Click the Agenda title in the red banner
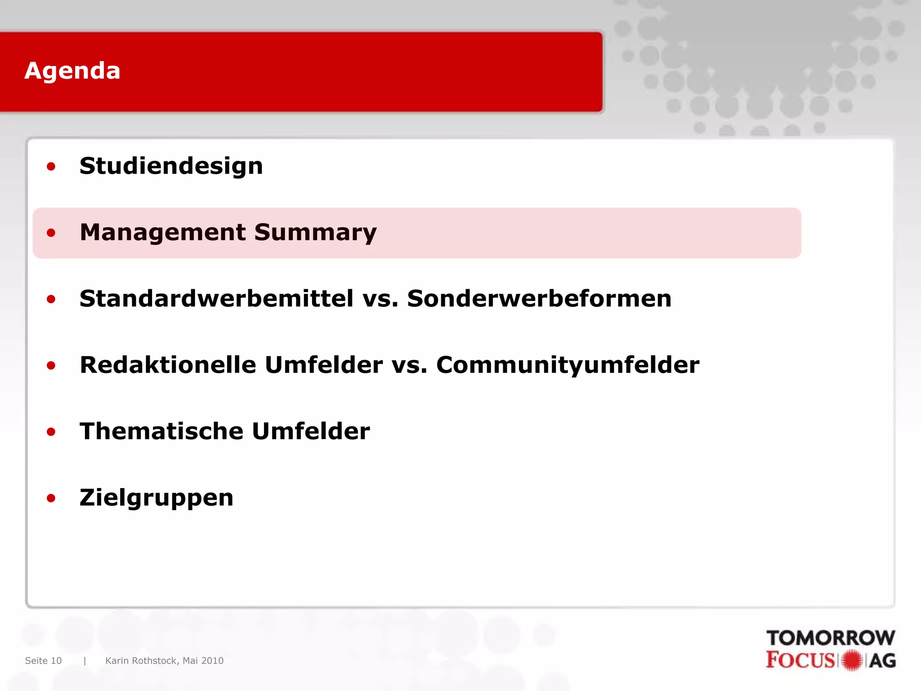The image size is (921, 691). (72, 71)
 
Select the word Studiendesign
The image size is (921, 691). (171, 166)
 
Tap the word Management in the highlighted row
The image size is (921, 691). (163, 233)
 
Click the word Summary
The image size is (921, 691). (315, 233)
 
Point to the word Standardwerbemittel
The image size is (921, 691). (216, 299)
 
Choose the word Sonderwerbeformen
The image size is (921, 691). (539, 299)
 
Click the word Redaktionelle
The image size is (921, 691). (168, 365)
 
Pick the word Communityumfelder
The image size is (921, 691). (568, 365)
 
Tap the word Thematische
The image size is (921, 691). (161, 431)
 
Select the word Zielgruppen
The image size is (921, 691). (156, 498)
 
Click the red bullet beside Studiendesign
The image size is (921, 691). (51, 167)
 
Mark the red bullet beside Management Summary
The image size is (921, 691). (51, 233)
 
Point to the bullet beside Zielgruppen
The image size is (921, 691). (51, 498)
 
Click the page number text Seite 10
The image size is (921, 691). (43, 660)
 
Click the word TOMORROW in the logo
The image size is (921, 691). (831, 638)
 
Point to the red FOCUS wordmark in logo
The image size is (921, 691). (800, 660)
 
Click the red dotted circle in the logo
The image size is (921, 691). (852, 660)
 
